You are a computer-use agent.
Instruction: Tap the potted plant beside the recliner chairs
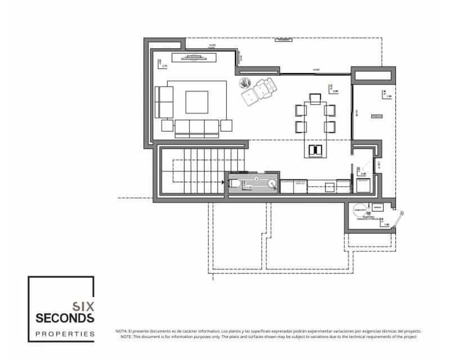[x=244, y=83]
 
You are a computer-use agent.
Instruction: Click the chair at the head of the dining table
[x=314, y=100]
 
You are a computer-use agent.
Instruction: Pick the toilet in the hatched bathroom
[x=236, y=183]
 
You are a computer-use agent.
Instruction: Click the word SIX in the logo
[x=83, y=307]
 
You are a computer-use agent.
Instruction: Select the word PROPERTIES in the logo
[x=65, y=334]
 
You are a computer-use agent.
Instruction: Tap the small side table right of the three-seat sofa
[x=227, y=125]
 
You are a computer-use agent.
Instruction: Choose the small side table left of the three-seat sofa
[x=167, y=125]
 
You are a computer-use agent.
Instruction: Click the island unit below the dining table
[x=314, y=150]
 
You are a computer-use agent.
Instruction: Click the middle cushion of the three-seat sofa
[x=197, y=128]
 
